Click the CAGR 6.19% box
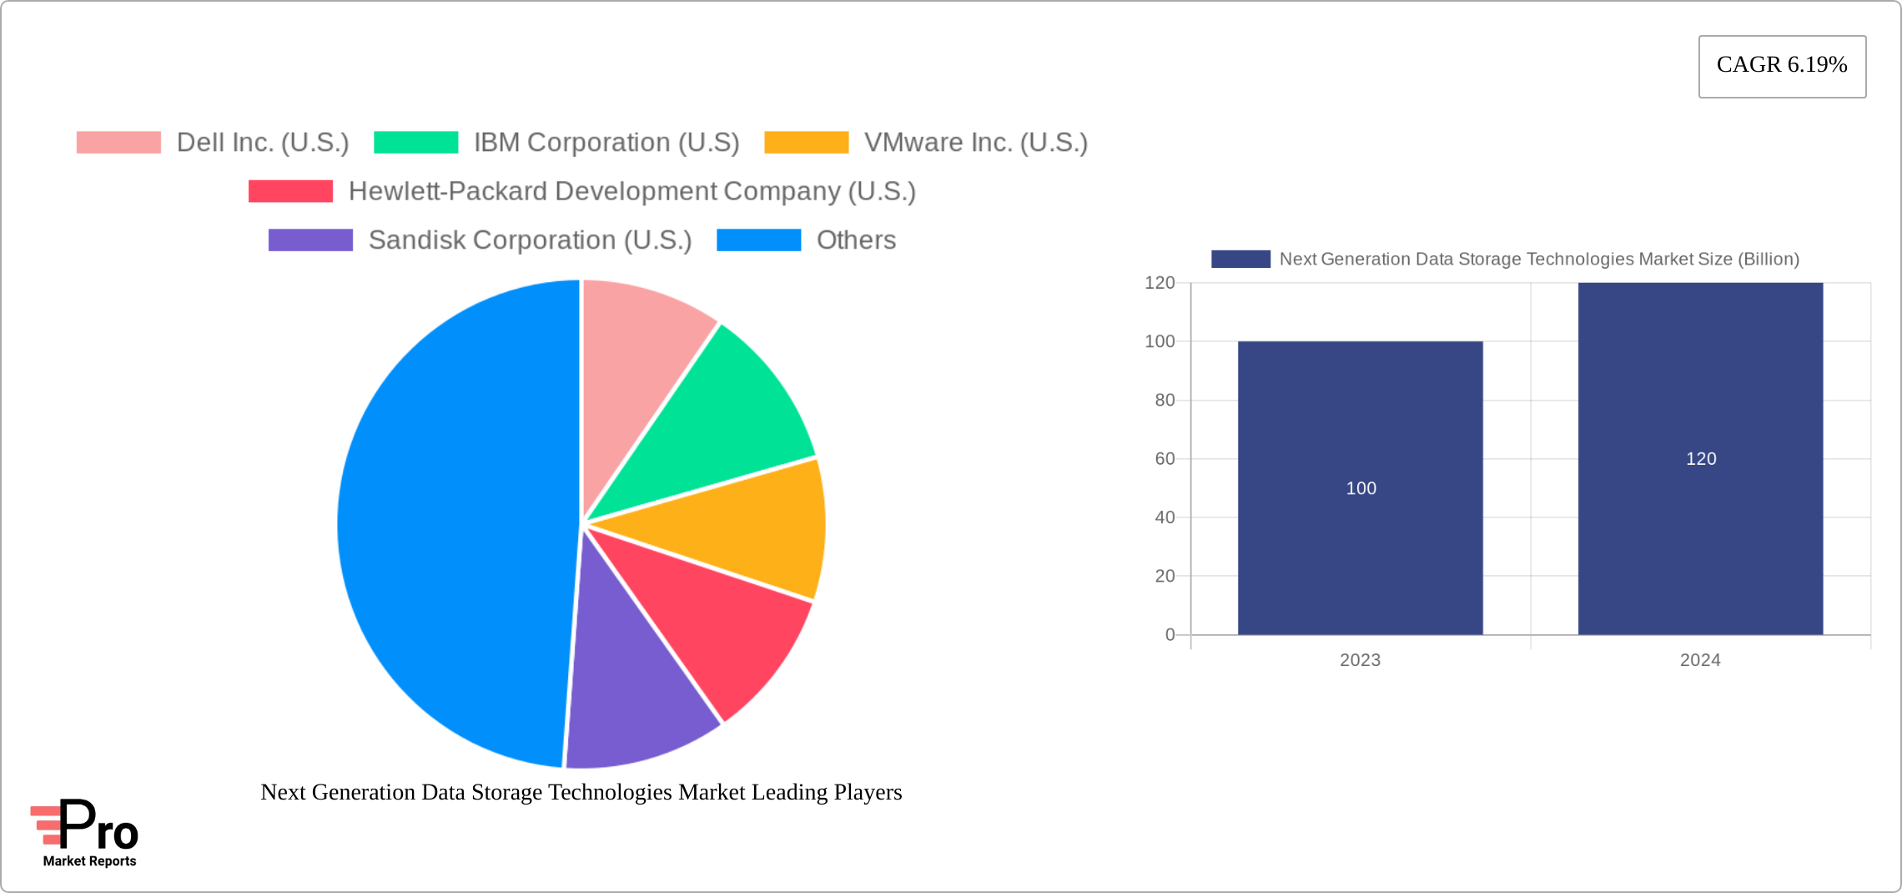coord(1782,66)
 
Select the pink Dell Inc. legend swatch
coord(118,143)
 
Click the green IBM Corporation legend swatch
coord(415,143)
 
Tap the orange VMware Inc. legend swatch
coord(806,143)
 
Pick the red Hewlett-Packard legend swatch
coord(290,191)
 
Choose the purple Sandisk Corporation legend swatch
coord(310,240)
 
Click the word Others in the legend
coord(856,240)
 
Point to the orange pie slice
coord(751,526)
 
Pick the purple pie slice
coord(634,684)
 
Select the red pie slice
coord(717,618)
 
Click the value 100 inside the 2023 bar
coord(1361,488)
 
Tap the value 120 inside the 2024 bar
coord(1701,459)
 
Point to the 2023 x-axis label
coord(1360,660)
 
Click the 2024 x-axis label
coord(1700,660)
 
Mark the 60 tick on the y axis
coord(1165,459)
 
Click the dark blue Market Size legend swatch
coord(1240,260)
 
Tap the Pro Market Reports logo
coord(86,833)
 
